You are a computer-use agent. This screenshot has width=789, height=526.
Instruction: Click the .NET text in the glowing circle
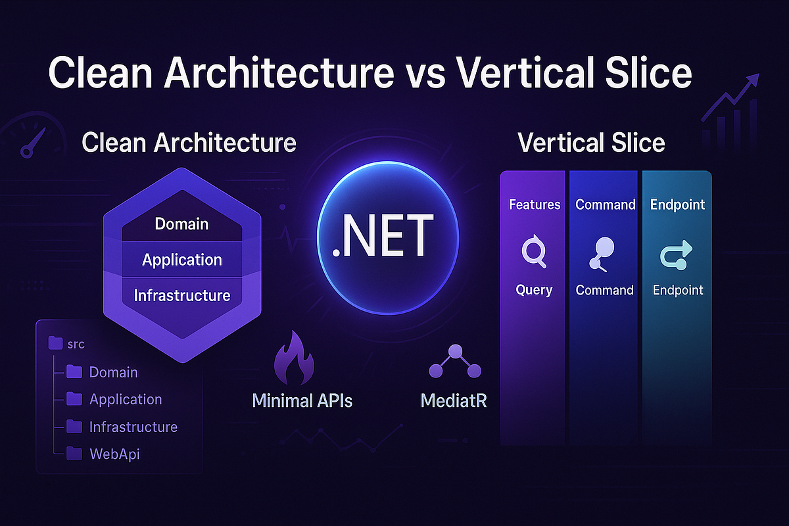click(x=383, y=235)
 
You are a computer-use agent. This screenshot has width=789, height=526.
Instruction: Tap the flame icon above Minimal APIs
click(x=295, y=358)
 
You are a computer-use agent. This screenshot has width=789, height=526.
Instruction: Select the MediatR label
click(x=454, y=400)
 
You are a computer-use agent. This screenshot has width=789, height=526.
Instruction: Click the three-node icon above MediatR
click(x=455, y=361)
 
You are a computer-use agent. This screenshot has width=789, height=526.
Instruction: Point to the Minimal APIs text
click(x=302, y=400)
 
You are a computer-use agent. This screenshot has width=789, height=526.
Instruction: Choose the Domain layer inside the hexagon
click(x=181, y=224)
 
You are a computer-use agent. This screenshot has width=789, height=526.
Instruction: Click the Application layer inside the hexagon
click(x=182, y=260)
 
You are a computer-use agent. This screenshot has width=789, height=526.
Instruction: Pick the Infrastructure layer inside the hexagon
click(x=182, y=295)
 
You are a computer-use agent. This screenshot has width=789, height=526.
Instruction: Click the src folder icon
click(x=55, y=343)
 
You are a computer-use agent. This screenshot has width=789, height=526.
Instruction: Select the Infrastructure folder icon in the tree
click(x=74, y=427)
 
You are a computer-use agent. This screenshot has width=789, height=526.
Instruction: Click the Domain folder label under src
click(x=113, y=372)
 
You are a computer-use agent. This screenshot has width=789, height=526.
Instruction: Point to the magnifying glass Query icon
click(x=534, y=252)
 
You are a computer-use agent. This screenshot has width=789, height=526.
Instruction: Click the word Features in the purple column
click(x=535, y=204)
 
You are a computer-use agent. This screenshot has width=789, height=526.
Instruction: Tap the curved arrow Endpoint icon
click(x=676, y=254)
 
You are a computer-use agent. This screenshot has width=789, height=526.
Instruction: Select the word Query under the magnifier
click(x=534, y=291)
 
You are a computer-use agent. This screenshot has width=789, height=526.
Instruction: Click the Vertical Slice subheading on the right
click(x=591, y=143)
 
